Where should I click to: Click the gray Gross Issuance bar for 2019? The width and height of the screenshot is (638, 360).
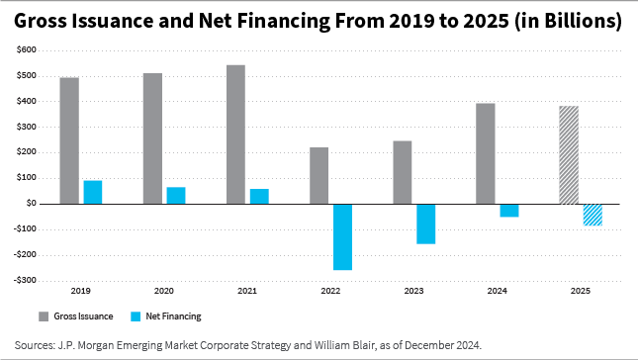pos(69,140)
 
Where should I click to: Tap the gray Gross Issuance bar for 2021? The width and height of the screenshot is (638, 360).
pos(235,135)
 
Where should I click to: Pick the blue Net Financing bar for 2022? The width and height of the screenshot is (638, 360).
pos(342,236)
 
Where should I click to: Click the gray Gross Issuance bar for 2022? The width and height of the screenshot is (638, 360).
pos(319,175)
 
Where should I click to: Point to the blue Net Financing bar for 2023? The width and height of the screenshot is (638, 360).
pos(425,224)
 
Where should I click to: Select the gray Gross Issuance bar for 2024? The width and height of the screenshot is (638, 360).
pos(485,153)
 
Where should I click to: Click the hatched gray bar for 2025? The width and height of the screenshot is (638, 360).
pos(569,154)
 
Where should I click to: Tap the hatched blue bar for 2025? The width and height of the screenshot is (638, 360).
pos(592,214)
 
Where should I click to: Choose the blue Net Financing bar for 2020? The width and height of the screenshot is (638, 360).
pos(176,195)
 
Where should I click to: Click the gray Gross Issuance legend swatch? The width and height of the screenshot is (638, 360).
pos(45,316)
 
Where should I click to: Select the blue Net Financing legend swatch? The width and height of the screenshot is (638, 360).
pos(136,316)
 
